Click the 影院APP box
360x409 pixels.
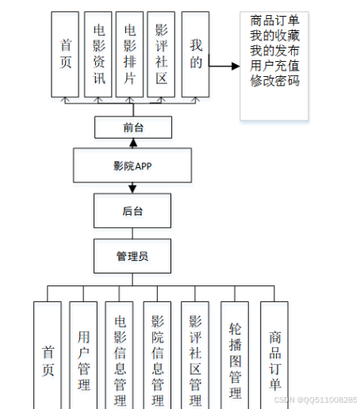[x=132, y=166]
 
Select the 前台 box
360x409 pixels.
[x=132, y=127]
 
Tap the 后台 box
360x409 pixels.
[x=132, y=211]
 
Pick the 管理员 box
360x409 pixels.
[x=132, y=256]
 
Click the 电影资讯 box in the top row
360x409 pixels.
[x=98, y=54]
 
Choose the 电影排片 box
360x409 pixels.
[x=129, y=54]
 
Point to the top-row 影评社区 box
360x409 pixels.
[x=161, y=54]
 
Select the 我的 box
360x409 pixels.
[x=195, y=54]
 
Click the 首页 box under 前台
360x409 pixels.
[x=66, y=54]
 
